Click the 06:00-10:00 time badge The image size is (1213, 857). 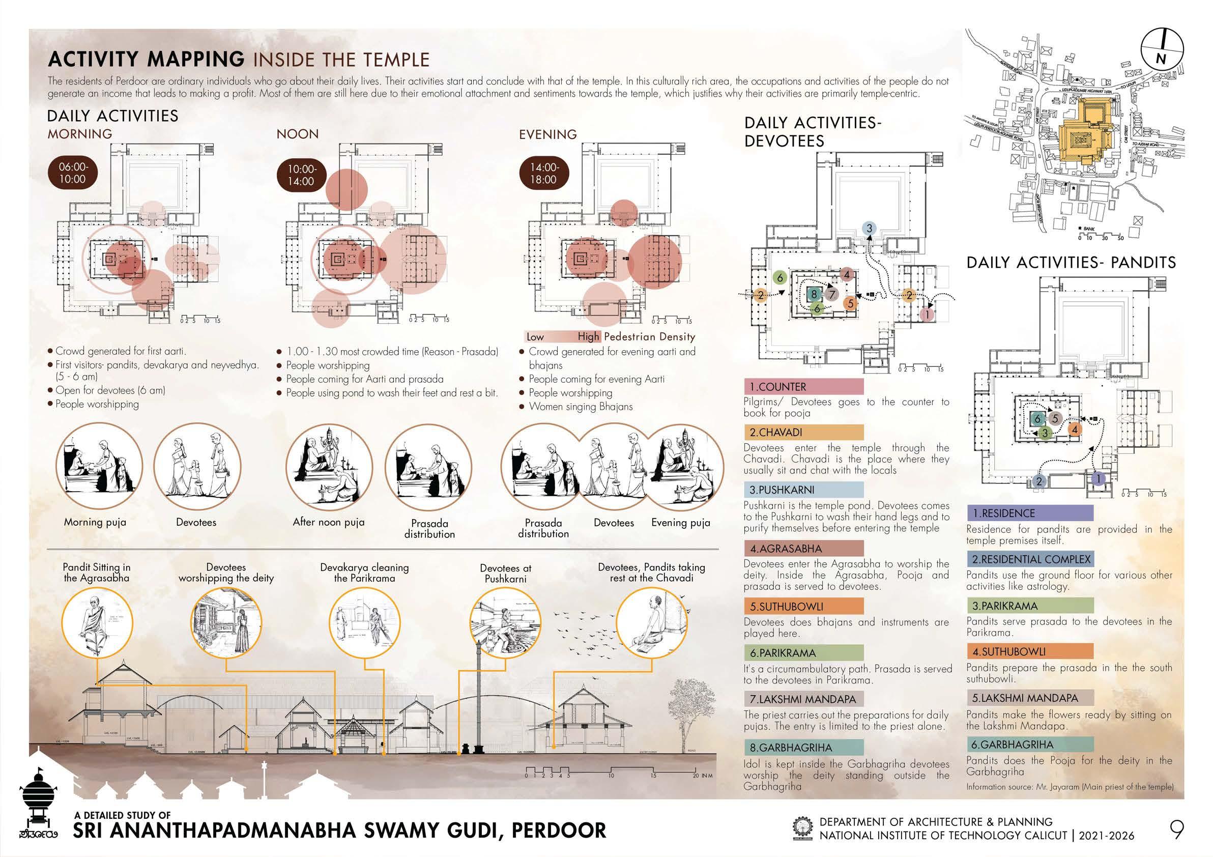tap(72, 173)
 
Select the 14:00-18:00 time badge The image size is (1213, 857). tap(543, 174)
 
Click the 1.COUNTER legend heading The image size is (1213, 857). tap(803, 387)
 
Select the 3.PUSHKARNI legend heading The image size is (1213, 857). tap(803, 490)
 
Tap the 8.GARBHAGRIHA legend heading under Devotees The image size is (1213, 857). tap(803, 748)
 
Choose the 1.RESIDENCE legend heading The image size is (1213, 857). tap(1029, 513)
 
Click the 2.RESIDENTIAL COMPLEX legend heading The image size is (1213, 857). tap(1029, 559)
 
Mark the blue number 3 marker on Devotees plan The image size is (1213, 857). tap(869, 228)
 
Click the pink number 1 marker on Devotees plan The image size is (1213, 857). tap(927, 314)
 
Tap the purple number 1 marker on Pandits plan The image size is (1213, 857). tap(1099, 479)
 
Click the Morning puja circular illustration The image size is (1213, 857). tap(99, 467)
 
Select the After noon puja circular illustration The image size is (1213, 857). tap(329, 467)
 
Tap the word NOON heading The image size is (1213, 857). tap(298, 134)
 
